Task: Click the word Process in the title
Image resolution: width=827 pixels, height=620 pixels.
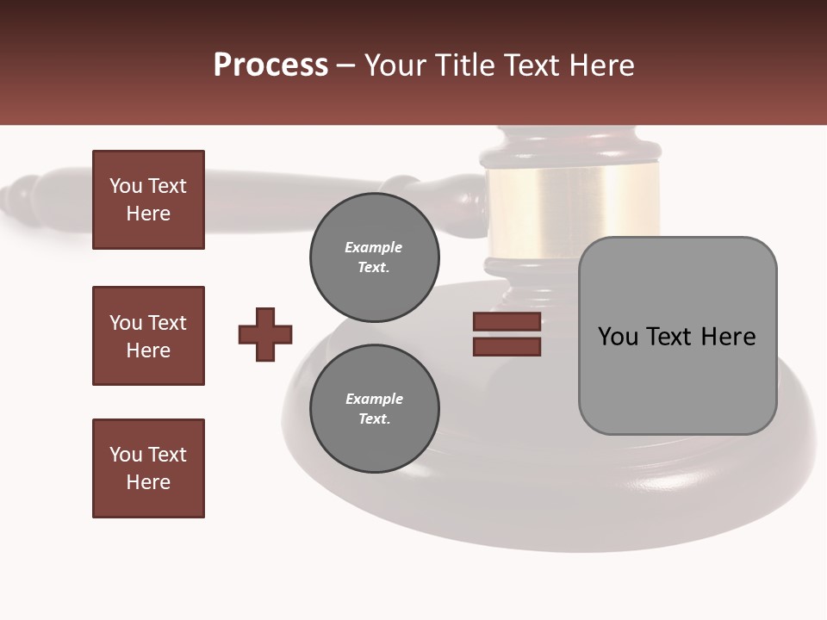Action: click(x=270, y=65)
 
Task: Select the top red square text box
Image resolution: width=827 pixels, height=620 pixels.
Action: click(x=148, y=200)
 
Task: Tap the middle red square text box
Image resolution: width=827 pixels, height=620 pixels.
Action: click(x=148, y=336)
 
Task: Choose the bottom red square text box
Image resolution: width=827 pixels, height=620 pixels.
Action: click(x=148, y=468)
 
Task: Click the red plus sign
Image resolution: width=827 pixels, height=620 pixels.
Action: click(x=265, y=334)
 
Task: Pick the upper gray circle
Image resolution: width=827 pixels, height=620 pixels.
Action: click(x=374, y=257)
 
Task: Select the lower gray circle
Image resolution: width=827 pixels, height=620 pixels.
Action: click(x=374, y=409)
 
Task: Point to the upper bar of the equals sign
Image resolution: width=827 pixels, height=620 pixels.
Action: click(x=507, y=322)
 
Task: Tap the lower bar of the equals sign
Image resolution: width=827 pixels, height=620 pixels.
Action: click(x=507, y=347)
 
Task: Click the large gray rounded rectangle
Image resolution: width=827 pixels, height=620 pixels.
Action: click(x=677, y=336)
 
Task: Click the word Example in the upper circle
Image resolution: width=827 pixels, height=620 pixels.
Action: click(x=374, y=247)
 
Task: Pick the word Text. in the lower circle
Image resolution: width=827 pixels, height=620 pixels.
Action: click(x=374, y=419)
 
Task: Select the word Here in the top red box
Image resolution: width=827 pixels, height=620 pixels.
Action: click(x=148, y=214)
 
